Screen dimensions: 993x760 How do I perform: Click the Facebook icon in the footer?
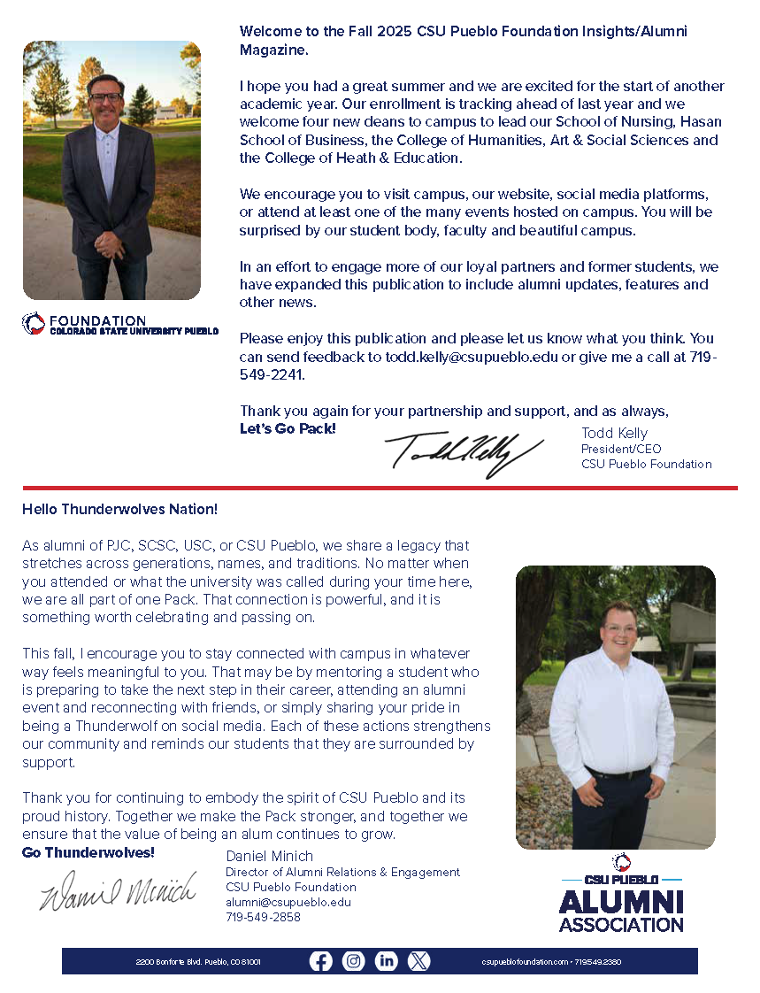(x=320, y=961)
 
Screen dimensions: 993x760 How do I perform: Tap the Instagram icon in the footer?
(x=354, y=961)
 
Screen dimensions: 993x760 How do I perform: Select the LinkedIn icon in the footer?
(x=387, y=961)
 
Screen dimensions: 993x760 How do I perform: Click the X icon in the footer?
(x=418, y=961)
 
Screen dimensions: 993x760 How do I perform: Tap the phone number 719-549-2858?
(x=263, y=917)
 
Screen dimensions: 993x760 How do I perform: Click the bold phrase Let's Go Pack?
(x=288, y=429)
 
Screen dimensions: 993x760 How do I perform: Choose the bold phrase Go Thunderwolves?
(x=88, y=852)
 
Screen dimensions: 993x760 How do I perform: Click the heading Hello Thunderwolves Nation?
(x=119, y=510)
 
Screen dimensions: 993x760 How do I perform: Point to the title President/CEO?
(x=620, y=449)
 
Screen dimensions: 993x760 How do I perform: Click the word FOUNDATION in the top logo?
(x=97, y=320)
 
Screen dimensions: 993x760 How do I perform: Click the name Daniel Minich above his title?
(x=270, y=856)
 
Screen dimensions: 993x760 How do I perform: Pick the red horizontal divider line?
(x=380, y=488)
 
